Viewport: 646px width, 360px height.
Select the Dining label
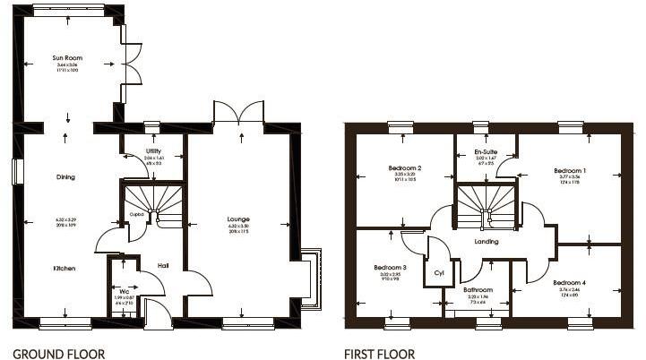[x=64, y=176]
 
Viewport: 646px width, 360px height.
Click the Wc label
[x=124, y=290]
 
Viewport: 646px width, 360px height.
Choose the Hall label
[x=163, y=265]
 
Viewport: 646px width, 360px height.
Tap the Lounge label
[x=237, y=219]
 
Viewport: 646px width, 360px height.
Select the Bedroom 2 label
[x=405, y=168]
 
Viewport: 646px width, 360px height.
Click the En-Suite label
[x=486, y=153]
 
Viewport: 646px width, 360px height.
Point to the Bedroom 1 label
[x=569, y=170]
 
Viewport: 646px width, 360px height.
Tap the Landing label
[x=487, y=242]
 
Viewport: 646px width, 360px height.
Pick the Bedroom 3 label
[x=391, y=268]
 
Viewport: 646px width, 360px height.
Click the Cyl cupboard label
[x=438, y=272]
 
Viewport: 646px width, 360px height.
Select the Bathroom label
[x=478, y=290]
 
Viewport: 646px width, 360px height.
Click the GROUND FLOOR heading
[x=58, y=354]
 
